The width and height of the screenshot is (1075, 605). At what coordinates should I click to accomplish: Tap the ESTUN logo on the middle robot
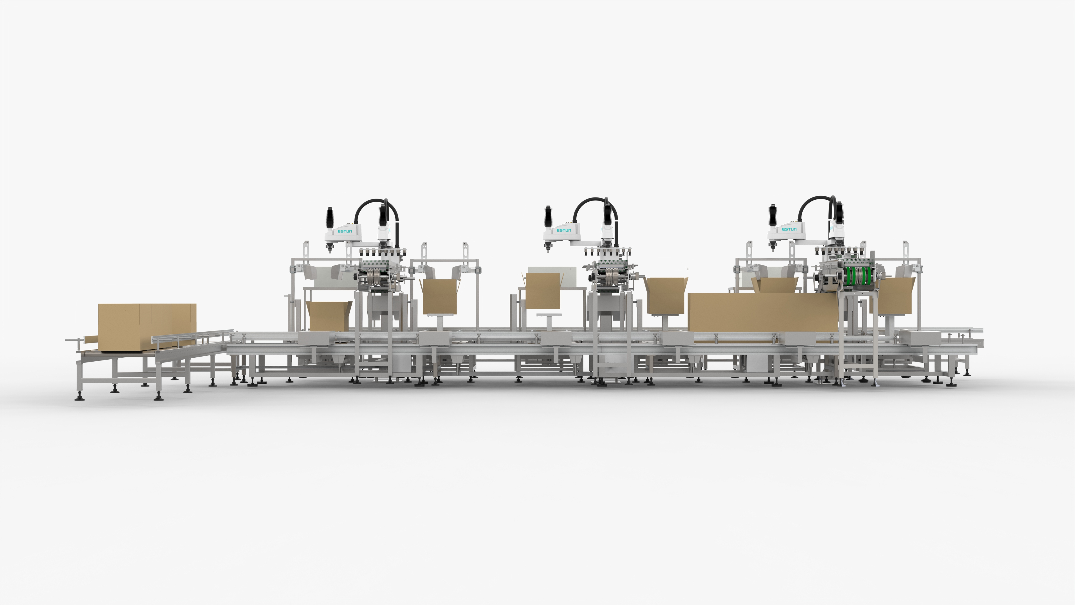coord(564,230)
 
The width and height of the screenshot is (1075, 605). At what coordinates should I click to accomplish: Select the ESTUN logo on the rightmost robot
coord(789,229)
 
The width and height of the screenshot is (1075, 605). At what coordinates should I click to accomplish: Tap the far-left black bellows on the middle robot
coord(548,217)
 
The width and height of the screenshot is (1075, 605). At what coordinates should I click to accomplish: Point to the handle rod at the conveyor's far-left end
coord(73,340)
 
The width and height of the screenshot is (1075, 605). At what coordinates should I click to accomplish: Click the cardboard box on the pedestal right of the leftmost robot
coord(440,296)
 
